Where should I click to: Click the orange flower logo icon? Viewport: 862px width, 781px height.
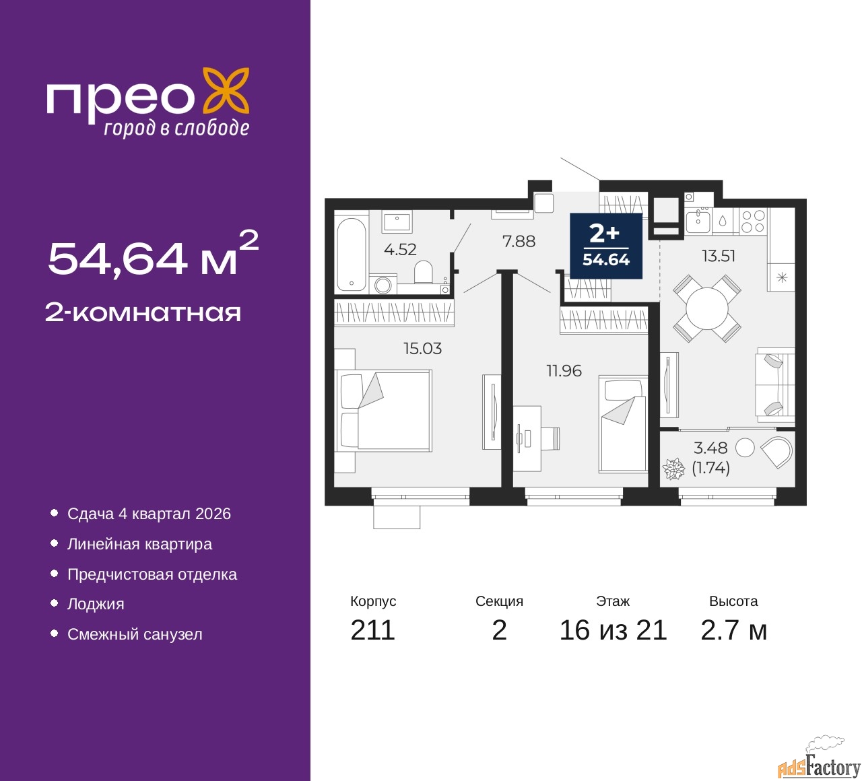[x=226, y=90]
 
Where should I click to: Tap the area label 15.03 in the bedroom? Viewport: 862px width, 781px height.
[x=422, y=348]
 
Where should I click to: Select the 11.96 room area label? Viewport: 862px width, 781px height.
[x=564, y=370]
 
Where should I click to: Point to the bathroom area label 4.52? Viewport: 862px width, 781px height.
[x=400, y=249]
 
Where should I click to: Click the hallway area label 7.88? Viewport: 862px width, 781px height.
[x=519, y=241]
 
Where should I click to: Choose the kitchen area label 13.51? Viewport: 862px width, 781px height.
[x=719, y=256]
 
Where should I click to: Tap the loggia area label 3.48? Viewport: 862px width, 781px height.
[x=710, y=448]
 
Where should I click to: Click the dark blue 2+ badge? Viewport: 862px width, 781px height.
[x=605, y=246]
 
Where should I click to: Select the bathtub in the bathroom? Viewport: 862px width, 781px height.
[x=351, y=254]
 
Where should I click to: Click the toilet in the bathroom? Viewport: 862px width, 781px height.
[x=423, y=273]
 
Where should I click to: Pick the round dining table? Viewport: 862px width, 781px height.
[x=707, y=309]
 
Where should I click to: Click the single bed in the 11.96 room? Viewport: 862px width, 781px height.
[x=623, y=424]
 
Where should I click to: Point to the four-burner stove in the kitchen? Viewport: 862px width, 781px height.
[x=753, y=222]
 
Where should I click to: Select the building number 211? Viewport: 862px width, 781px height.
[x=372, y=630]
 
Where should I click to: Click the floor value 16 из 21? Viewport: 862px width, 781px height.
[x=613, y=630]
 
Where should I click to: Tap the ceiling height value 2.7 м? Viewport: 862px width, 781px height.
[x=733, y=630]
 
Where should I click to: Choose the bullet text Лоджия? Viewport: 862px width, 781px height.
[x=96, y=604]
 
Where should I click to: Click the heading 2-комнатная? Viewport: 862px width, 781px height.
[x=143, y=312]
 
